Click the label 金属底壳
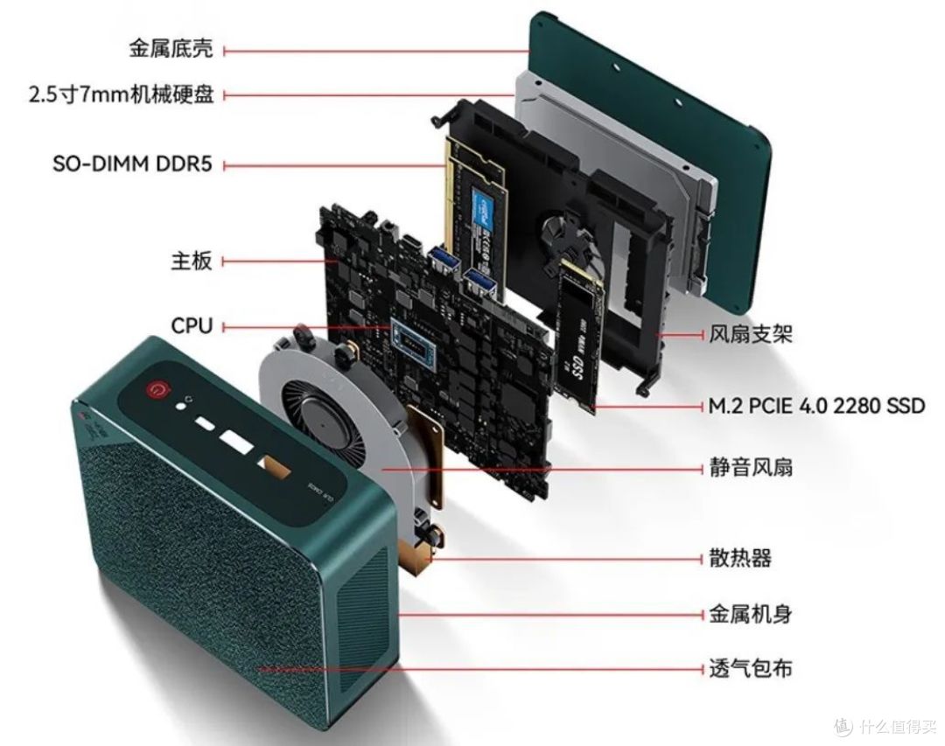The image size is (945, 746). [171, 49]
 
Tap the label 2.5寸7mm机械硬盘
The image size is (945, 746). [121, 94]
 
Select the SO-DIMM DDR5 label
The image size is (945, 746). [133, 164]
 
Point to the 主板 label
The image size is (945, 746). [192, 261]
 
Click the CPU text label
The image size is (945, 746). [192, 326]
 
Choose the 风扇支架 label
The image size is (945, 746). [751, 333]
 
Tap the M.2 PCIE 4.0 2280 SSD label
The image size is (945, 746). [816, 406]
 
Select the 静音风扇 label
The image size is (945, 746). [751, 467]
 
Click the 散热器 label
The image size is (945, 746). [740, 558]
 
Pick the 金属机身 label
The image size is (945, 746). [751, 615]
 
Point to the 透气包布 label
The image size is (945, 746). [751, 667]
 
